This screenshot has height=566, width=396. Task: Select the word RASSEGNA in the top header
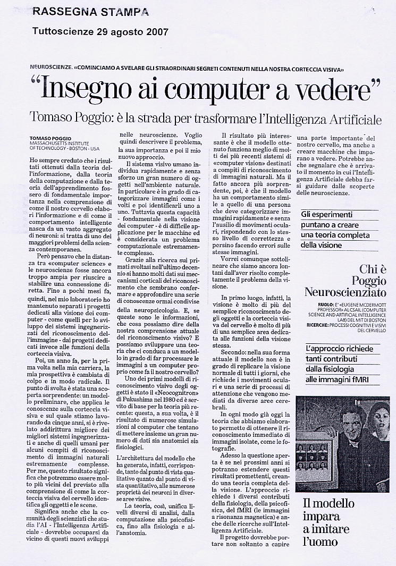point(63,12)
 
